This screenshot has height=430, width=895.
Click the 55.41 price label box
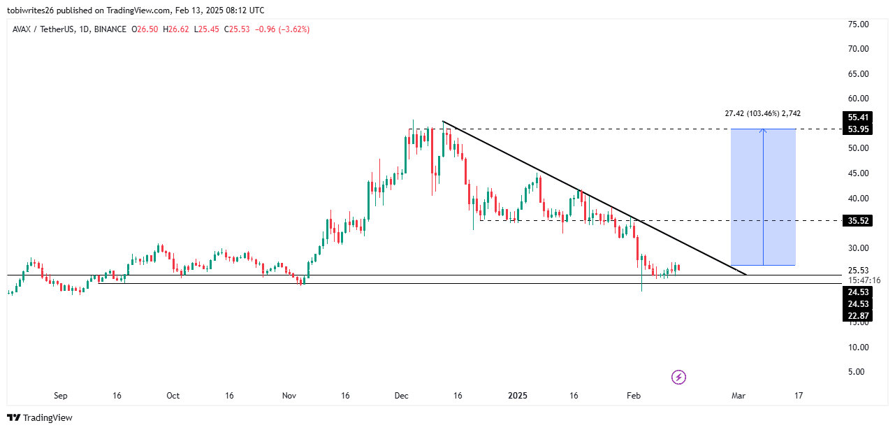[x=857, y=117]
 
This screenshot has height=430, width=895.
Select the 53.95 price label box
[x=857, y=129]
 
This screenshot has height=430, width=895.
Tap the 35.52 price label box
[x=857, y=221]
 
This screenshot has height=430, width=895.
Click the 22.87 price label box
[x=857, y=316]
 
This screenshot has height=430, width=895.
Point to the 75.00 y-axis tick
[x=857, y=24]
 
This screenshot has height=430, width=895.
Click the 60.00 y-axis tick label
[x=857, y=99]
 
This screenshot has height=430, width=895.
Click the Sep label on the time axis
[x=61, y=396]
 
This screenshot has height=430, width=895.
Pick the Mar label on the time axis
[x=738, y=396]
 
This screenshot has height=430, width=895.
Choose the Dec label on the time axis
[x=401, y=396]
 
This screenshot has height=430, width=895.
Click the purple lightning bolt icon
[x=678, y=378]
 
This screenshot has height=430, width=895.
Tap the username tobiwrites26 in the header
[x=34, y=10]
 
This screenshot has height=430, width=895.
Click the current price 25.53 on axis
[x=857, y=271]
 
